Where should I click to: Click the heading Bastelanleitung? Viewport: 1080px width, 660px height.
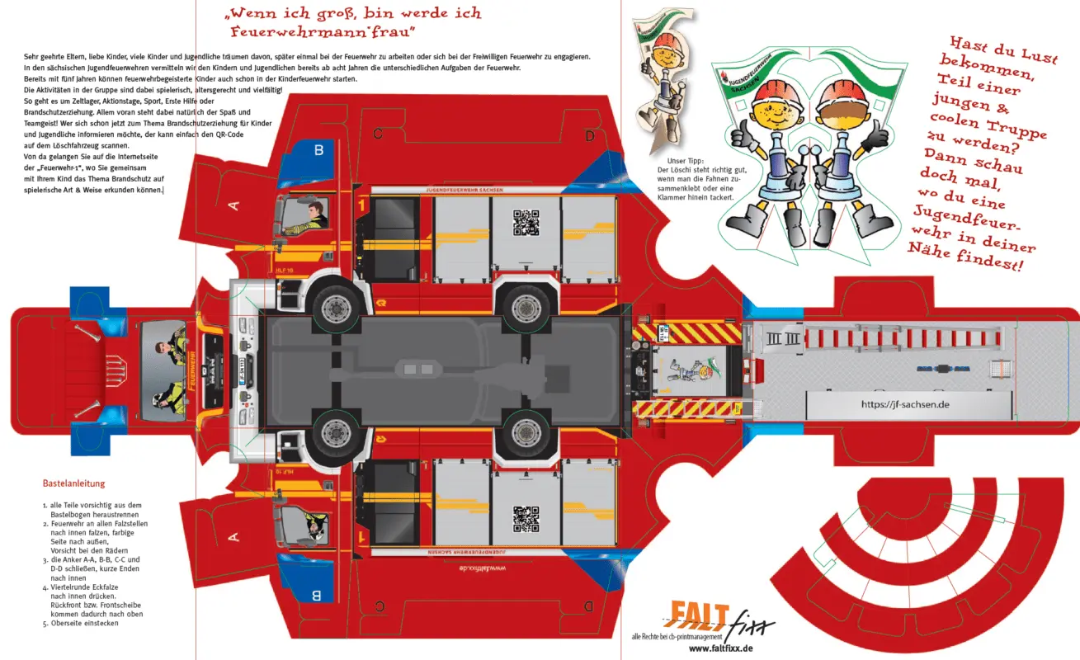(x=73, y=483)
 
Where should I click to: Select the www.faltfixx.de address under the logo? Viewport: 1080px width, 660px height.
(x=720, y=649)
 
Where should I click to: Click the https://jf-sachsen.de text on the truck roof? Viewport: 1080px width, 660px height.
(x=905, y=404)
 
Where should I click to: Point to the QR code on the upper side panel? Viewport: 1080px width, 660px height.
(x=526, y=224)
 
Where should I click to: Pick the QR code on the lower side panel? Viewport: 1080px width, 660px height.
(x=526, y=518)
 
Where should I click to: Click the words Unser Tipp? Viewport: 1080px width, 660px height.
(x=686, y=160)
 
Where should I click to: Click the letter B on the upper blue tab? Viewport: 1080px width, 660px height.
(x=318, y=149)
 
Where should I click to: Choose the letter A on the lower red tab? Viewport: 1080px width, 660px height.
(x=233, y=537)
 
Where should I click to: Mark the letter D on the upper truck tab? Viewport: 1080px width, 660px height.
(x=589, y=135)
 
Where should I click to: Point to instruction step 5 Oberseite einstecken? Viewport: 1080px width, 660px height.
(x=83, y=623)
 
